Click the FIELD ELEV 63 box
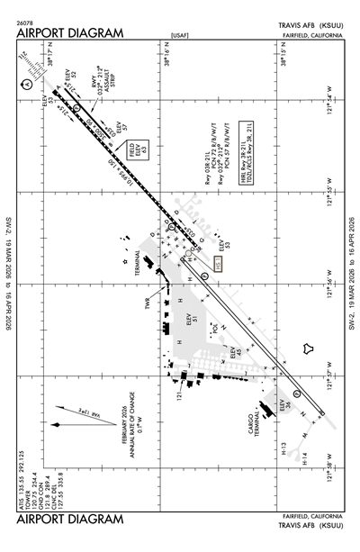[x=138, y=148]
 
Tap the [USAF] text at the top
[x=179, y=36]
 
